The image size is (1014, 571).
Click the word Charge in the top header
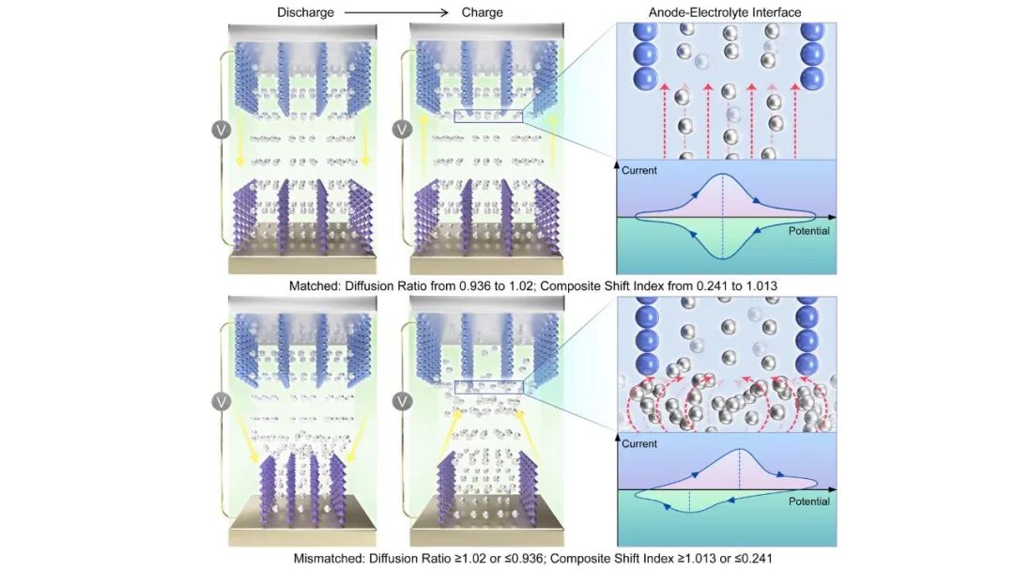point(482,12)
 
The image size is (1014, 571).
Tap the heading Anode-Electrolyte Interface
point(724,12)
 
